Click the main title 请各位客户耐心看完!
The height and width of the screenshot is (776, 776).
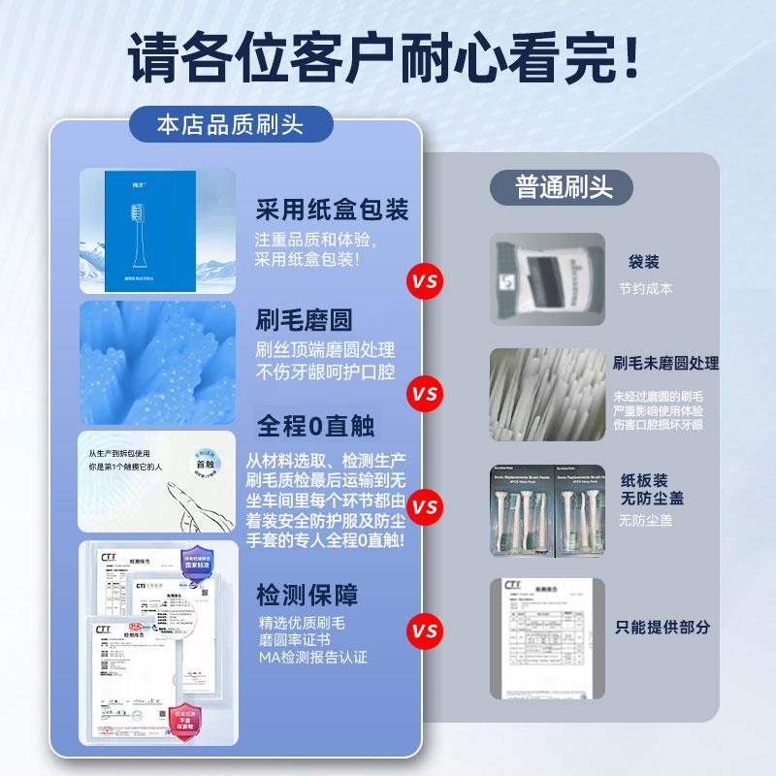pyautogui.click(x=388, y=60)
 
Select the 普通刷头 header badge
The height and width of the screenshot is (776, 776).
pyautogui.click(x=564, y=186)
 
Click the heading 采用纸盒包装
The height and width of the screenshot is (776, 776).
pyautogui.click(x=332, y=210)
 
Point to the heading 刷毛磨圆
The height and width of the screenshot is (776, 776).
pyautogui.click(x=304, y=320)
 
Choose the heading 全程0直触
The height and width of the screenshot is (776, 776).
pyautogui.click(x=316, y=425)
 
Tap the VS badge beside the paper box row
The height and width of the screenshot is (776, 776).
pyautogui.click(x=424, y=282)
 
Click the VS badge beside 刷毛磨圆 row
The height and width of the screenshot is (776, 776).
pyautogui.click(x=424, y=395)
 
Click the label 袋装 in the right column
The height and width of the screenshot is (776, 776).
pyautogui.click(x=643, y=262)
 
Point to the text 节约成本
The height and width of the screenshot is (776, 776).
pyautogui.click(x=645, y=288)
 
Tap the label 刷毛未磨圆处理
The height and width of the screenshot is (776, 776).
pyautogui.click(x=665, y=363)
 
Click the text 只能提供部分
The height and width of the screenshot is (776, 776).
pyautogui.click(x=663, y=627)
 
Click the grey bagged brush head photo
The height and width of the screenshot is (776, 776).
pyautogui.click(x=546, y=277)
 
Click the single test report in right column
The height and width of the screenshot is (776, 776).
pyautogui.click(x=546, y=637)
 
